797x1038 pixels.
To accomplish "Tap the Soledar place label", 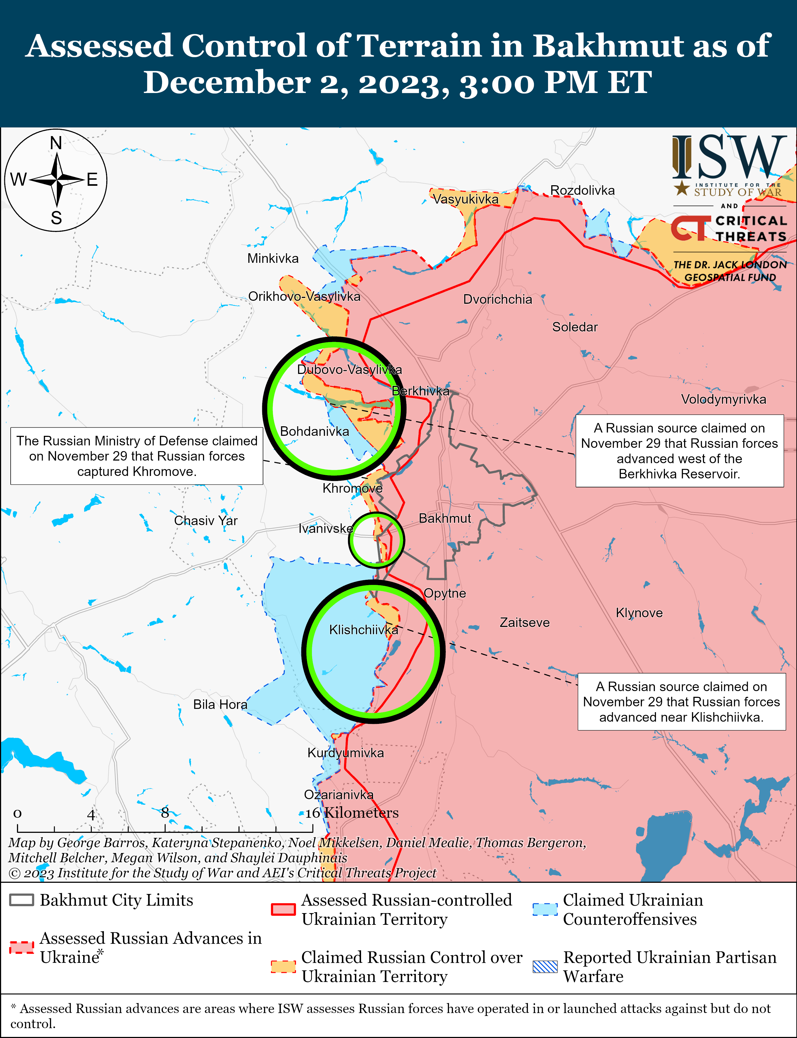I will point(574,327).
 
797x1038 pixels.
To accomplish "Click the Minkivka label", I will point(273,259).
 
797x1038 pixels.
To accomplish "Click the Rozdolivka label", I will point(582,190).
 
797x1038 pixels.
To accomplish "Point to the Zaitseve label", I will point(524,622).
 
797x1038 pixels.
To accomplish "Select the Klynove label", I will point(639,613).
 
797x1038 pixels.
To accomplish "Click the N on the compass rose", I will point(56,143).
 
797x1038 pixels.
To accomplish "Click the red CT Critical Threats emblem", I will point(690,228).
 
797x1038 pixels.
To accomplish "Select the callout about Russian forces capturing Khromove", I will point(137,456).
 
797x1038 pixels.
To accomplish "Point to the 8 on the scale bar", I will point(165,813).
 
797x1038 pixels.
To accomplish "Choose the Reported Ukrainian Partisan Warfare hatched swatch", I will point(545,966).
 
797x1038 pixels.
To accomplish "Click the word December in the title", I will point(227,83).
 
